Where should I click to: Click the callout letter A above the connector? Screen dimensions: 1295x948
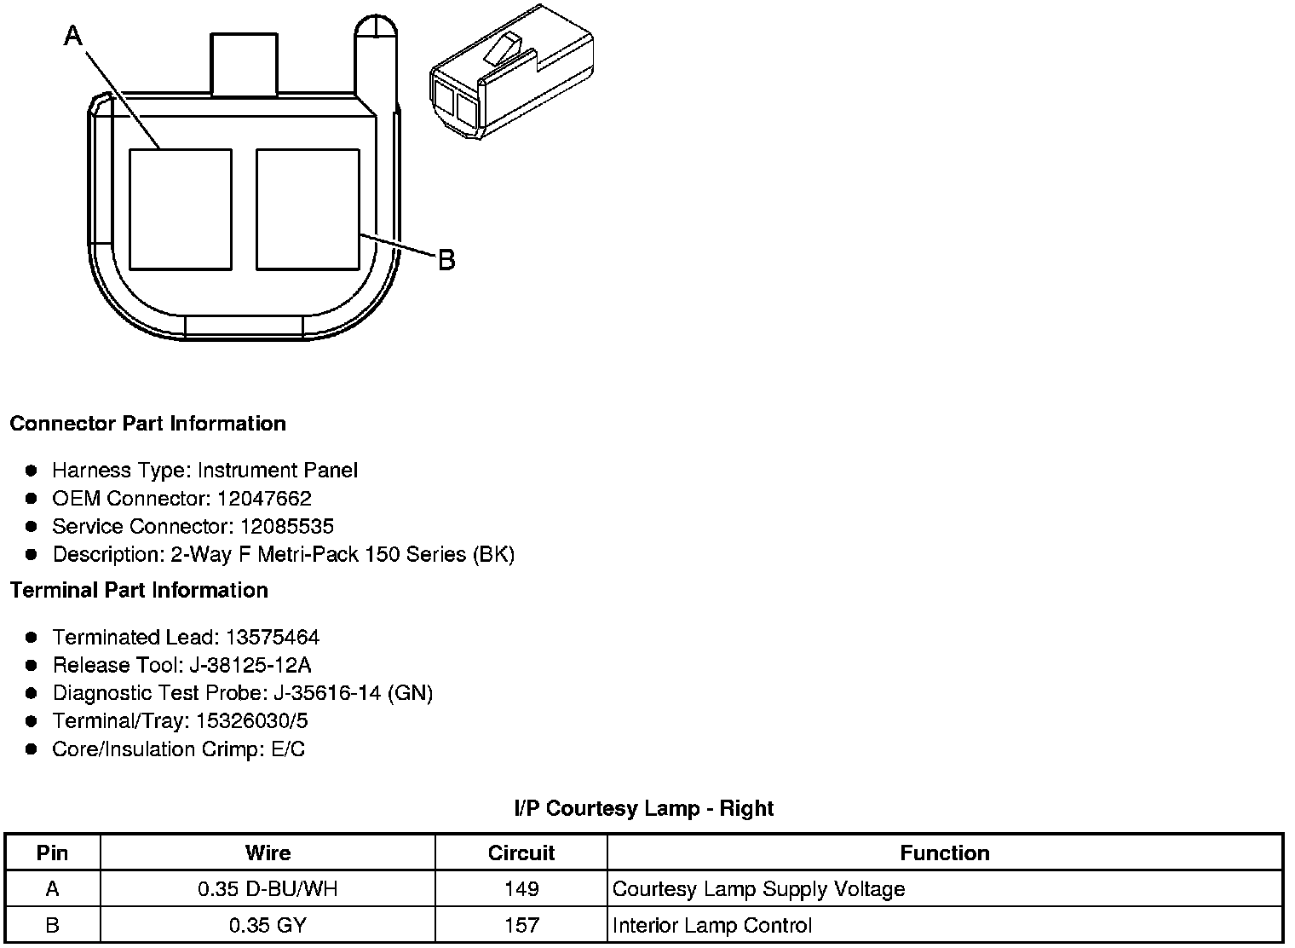(73, 36)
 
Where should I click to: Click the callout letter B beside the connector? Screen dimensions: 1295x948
(446, 260)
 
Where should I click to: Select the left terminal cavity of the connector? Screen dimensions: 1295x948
(181, 210)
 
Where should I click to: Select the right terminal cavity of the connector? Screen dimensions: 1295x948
(308, 210)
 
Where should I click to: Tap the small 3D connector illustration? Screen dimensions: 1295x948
(512, 72)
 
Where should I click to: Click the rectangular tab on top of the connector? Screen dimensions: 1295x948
(244, 64)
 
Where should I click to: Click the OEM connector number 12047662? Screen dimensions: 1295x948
(264, 498)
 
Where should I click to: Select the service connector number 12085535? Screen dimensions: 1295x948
(287, 526)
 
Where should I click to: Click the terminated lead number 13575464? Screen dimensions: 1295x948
(273, 638)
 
